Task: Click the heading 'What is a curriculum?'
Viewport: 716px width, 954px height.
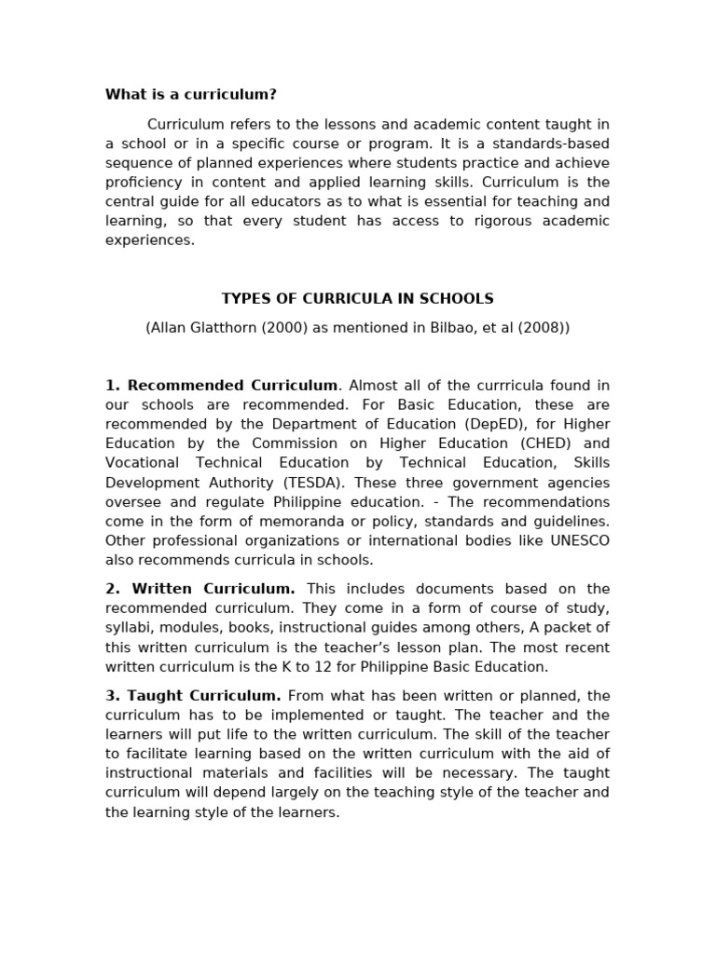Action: pos(191,94)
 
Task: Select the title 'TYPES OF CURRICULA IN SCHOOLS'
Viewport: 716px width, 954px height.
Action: pos(357,299)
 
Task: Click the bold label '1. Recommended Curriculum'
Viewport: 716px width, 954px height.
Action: pos(222,385)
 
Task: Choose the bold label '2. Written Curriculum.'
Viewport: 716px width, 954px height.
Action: pos(200,589)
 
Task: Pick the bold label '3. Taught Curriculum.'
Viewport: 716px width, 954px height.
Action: pos(193,696)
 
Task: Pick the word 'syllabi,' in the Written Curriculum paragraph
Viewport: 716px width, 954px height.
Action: pos(130,628)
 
